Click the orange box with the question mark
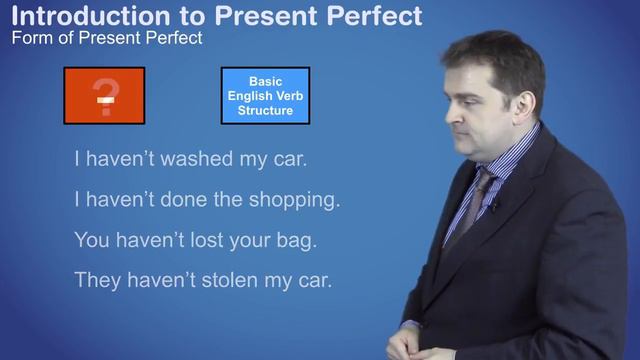pos(104,95)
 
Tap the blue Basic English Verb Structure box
pos(264,95)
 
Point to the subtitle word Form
pos(30,39)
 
